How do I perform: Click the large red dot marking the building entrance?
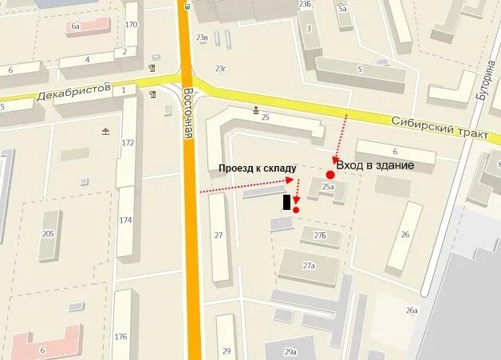329,175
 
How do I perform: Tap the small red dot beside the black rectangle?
296,210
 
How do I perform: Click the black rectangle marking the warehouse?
286,202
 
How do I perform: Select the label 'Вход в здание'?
375,165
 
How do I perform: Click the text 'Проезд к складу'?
258,168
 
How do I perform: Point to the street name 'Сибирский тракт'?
440,127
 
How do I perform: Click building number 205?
48,233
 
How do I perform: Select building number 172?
128,143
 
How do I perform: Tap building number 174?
125,220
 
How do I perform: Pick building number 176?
120,335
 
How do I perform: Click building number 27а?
309,266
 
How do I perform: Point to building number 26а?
412,311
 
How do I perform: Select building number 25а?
328,187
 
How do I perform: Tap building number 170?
131,25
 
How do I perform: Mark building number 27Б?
320,235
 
